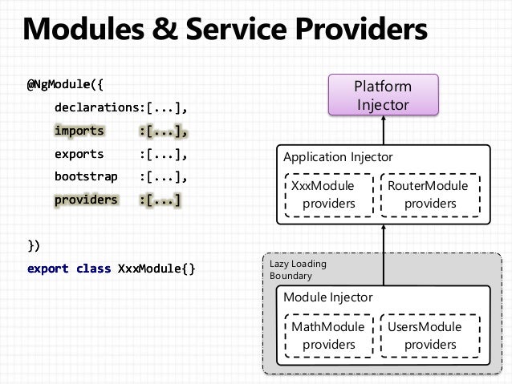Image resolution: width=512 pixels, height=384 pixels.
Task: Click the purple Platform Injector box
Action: pyautogui.click(x=384, y=95)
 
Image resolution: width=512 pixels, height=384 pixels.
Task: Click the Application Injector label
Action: pyautogui.click(x=338, y=157)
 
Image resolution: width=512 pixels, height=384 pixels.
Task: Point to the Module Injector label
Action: pyautogui.click(x=328, y=297)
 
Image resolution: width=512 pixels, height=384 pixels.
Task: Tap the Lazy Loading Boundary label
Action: pyautogui.click(x=298, y=270)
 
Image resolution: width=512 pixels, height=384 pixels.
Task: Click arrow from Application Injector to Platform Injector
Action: pyautogui.click(x=384, y=130)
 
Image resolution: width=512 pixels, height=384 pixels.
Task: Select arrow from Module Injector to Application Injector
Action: pyautogui.click(x=384, y=255)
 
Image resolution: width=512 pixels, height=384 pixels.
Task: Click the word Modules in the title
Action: pyautogui.click(x=83, y=29)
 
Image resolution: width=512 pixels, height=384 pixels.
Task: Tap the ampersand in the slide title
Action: pyautogui.click(x=165, y=29)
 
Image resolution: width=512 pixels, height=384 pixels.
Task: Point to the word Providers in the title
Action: pyautogui.click(x=361, y=29)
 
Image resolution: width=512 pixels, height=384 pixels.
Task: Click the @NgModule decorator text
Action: pyautogui.click(x=59, y=84)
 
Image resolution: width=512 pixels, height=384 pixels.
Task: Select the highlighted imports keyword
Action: pyautogui.click(x=79, y=131)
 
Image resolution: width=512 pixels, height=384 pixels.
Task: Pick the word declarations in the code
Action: pyautogui.click(x=97, y=107)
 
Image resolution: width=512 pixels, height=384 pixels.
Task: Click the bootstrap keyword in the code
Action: pyautogui.click(x=86, y=176)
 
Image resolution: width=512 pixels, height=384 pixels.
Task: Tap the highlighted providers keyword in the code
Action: pyautogui.click(x=86, y=200)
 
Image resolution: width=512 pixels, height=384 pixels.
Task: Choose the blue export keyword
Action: pyautogui.click(x=48, y=269)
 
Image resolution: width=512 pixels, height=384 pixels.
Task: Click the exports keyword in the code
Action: pyautogui.click(x=79, y=154)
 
